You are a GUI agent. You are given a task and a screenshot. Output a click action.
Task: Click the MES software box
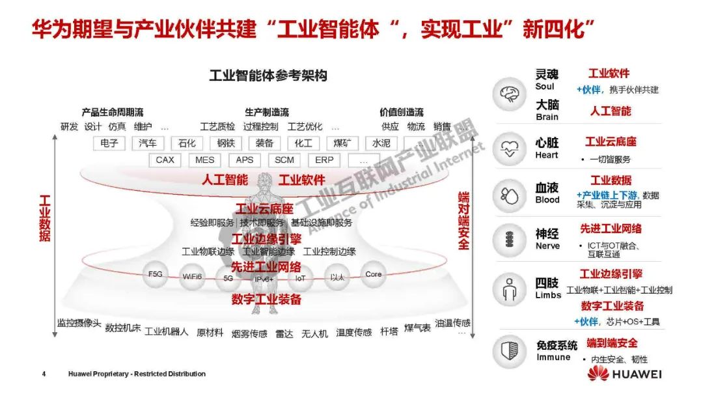pyautogui.click(x=204, y=160)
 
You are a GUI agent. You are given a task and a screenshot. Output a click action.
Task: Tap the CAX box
pyautogui.click(x=165, y=160)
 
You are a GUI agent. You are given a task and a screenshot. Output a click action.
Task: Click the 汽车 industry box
pyautogui.click(x=148, y=143)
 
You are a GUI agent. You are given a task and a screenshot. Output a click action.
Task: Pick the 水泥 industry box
pyautogui.click(x=381, y=143)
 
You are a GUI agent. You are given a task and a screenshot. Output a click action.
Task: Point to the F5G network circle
pyautogui.click(x=156, y=274)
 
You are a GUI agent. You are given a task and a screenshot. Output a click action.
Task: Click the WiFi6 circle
pyautogui.click(x=192, y=276)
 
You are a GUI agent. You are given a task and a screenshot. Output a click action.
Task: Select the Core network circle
pyautogui.click(x=374, y=274)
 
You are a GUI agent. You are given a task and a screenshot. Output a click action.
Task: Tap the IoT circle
pyautogui.click(x=300, y=277)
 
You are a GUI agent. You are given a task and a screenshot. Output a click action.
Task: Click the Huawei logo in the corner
pyautogui.click(x=624, y=373)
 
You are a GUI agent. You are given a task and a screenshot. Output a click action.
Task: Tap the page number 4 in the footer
pyautogui.click(x=44, y=374)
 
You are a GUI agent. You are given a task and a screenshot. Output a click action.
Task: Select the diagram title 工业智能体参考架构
pyautogui.click(x=268, y=76)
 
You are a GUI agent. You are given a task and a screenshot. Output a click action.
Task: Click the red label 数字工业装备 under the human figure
pyautogui.click(x=266, y=300)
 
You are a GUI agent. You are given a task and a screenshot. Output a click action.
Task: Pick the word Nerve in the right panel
pyautogui.click(x=547, y=246)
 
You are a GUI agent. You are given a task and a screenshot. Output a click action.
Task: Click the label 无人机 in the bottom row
pyautogui.click(x=314, y=333)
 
